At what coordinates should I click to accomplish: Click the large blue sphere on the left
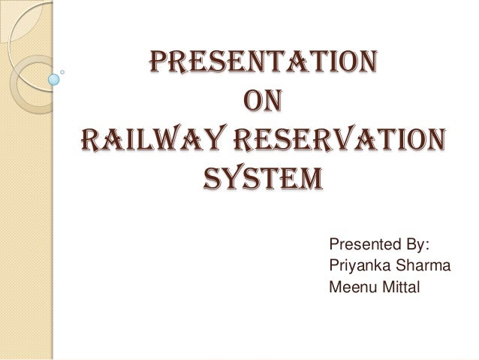click(x=54, y=77)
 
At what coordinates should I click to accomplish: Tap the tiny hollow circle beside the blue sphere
click(x=63, y=72)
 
